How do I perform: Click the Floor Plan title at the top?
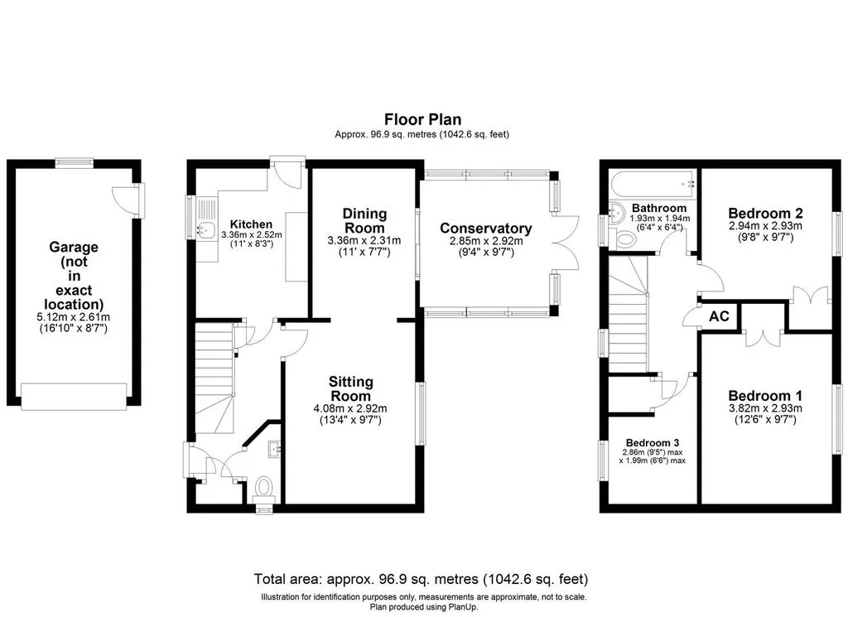[422, 119]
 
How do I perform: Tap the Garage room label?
[74, 276]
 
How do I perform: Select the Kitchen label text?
[251, 224]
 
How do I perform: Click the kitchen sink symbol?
[205, 229]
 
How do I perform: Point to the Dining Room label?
[364, 220]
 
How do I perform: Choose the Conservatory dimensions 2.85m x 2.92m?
[486, 242]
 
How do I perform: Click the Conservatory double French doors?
[566, 243]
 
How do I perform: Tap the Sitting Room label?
[351, 388]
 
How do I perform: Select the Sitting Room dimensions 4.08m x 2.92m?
[350, 409]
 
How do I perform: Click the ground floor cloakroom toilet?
[264, 487]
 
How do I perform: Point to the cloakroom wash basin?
[275, 449]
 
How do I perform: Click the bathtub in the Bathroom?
[653, 184]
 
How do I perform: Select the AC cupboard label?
[719, 316]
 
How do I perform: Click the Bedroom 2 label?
[765, 213]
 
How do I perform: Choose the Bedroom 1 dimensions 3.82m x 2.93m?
[765, 408]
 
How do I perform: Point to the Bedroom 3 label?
[653, 442]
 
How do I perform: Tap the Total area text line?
[421, 579]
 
